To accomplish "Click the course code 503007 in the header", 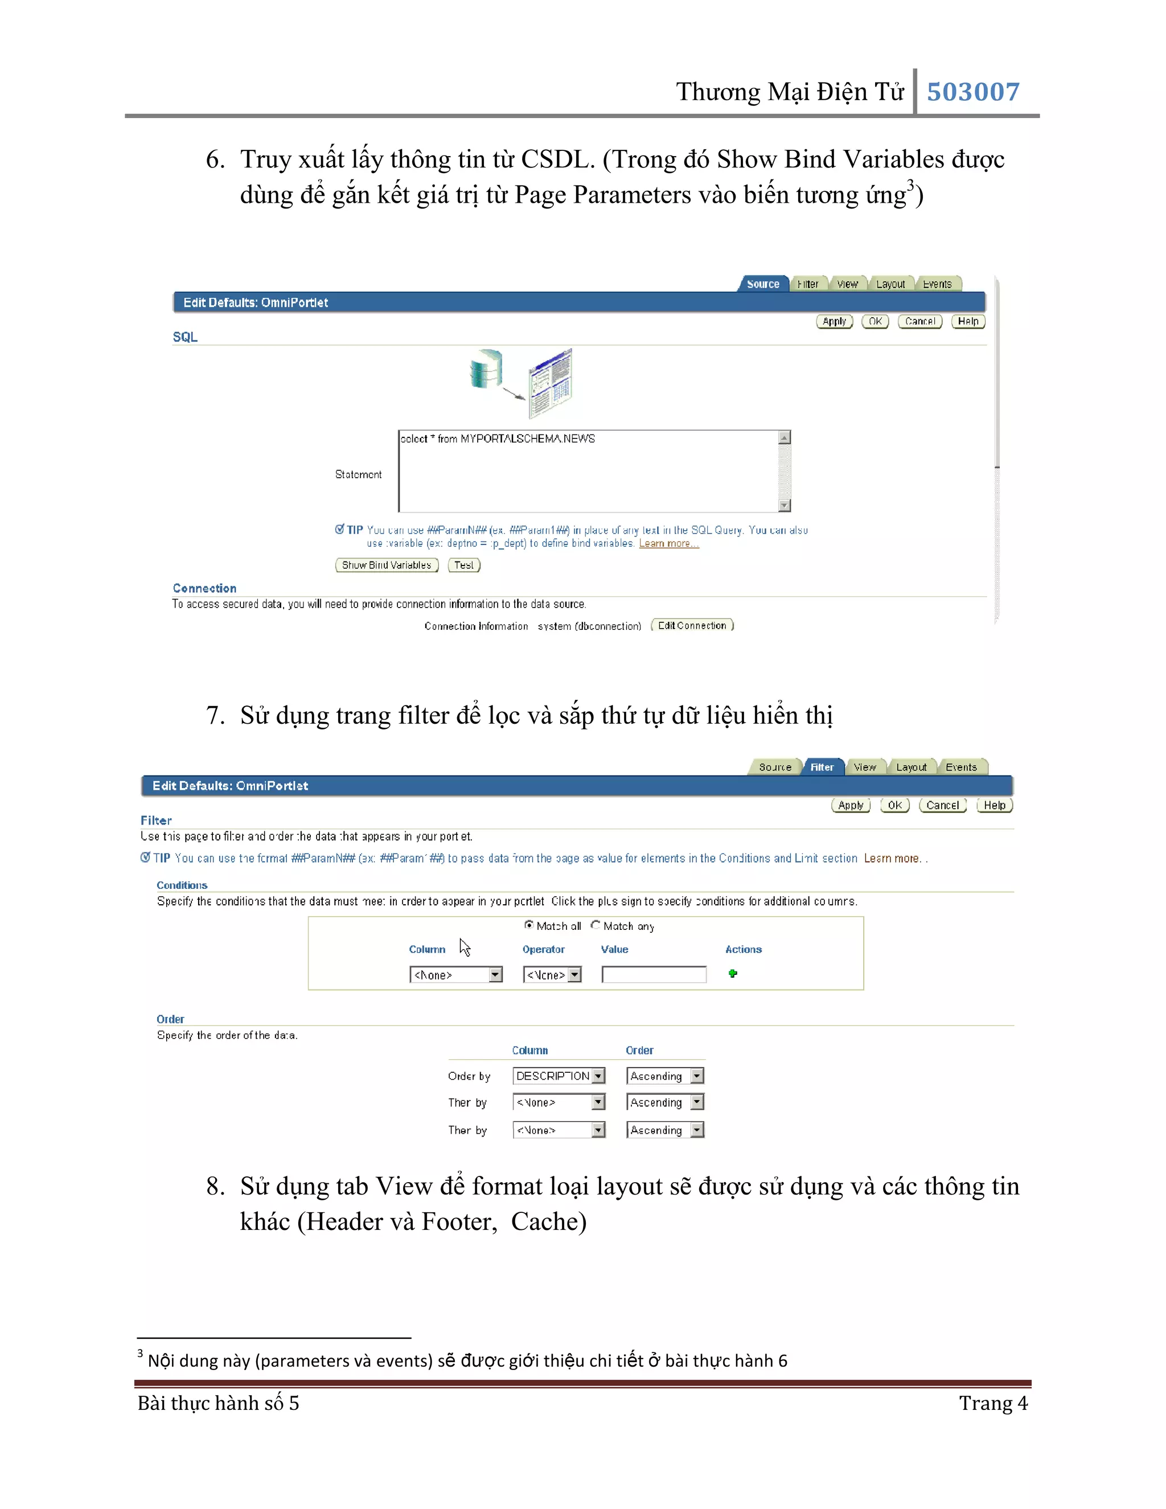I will (972, 92).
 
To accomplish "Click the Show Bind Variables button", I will (386, 565).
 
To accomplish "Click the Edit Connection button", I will (692, 625).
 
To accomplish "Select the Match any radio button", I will (596, 925).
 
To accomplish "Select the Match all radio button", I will (528, 925).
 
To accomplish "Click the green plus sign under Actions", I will (733, 974).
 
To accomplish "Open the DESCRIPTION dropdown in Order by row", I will (598, 1076).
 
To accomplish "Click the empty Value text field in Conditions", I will (654, 974).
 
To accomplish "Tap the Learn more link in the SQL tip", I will (668, 544).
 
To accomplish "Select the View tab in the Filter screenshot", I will (864, 767).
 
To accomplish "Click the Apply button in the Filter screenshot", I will (851, 805).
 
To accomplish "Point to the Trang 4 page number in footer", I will (992, 1403).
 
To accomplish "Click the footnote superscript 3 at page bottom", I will (140, 1354).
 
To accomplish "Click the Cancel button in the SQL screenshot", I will (919, 321).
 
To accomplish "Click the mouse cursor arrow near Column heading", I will (464, 946).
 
